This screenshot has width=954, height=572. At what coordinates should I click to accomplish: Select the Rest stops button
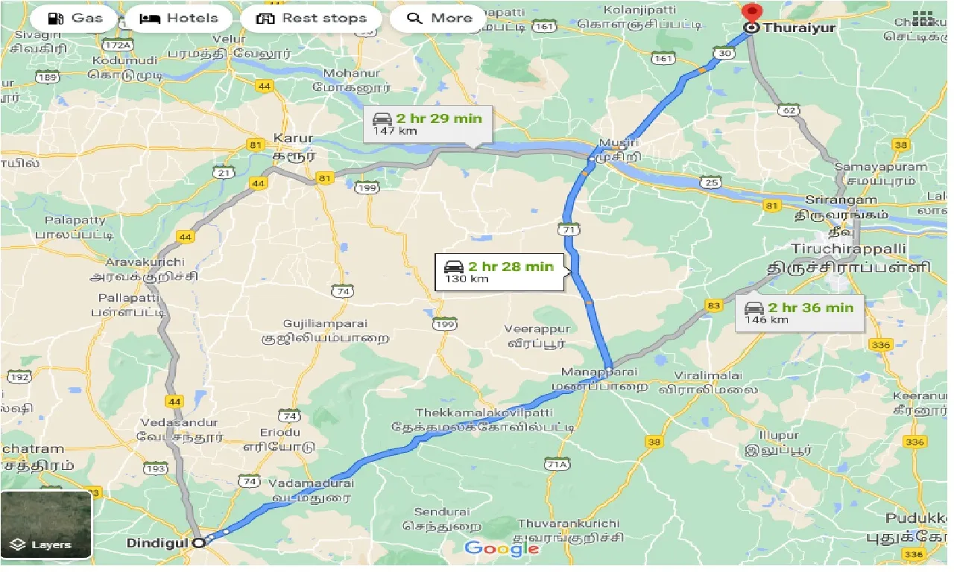tap(312, 19)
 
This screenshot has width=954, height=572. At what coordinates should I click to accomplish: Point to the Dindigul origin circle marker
tap(198, 543)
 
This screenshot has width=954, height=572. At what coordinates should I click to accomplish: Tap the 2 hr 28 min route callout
tap(499, 273)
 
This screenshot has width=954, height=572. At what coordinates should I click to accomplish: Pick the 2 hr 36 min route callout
tap(799, 313)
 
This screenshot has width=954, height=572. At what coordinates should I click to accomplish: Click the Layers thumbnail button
tap(46, 524)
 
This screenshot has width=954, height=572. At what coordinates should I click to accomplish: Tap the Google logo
tap(502, 549)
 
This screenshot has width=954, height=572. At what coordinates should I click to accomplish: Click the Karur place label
tap(293, 139)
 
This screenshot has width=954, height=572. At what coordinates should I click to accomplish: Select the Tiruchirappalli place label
tap(849, 249)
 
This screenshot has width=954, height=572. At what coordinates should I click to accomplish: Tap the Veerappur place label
tap(537, 329)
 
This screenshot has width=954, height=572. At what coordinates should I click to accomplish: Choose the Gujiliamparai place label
tap(325, 324)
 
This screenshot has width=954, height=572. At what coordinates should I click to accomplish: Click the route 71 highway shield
tap(570, 230)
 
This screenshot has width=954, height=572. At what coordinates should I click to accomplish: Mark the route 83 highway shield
tap(714, 305)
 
